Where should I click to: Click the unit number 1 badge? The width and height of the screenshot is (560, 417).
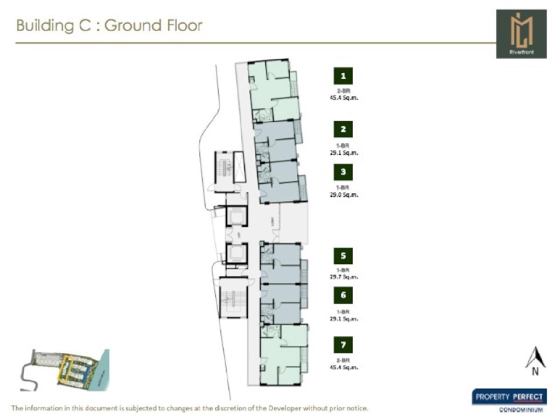(x=343, y=76)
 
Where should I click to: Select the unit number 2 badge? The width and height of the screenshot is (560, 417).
(x=343, y=130)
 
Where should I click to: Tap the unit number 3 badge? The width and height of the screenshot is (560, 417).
(x=343, y=172)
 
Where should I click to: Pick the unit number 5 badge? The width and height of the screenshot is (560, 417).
(x=343, y=256)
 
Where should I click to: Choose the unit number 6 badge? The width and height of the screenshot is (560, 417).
(x=343, y=295)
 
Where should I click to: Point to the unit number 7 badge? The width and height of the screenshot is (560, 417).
(x=343, y=345)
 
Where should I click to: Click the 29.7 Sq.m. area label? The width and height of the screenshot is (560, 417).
(x=343, y=277)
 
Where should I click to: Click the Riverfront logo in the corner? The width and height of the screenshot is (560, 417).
(x=521, y=34)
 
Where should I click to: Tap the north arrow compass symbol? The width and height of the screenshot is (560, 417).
(x=535, y=361)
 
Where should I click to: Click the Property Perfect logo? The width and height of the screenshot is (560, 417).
(x=509, y=397)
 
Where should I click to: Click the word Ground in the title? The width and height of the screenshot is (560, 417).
(x=134, y=25)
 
